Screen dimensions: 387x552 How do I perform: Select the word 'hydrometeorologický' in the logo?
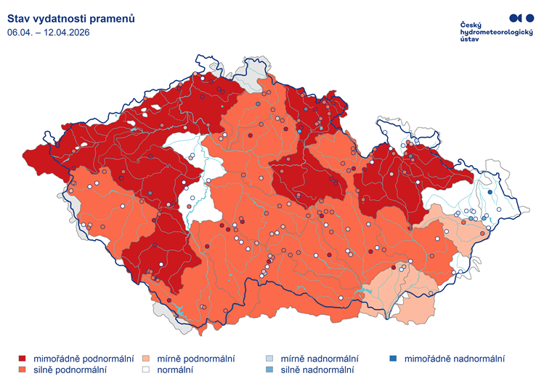pos(497,33)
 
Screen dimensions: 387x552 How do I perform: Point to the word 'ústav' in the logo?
pos(470,41)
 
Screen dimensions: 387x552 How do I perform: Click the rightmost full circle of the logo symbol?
pos(530,17)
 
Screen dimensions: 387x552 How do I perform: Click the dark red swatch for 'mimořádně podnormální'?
pos(23,359)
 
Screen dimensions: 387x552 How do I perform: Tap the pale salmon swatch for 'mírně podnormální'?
pos(146,359)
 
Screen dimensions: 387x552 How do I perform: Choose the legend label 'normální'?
pos(175,370)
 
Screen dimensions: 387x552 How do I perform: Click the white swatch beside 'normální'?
pos(146,370)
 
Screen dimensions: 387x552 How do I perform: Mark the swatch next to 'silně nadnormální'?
pos(269,370)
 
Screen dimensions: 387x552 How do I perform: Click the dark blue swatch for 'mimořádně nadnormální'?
pos(393,359)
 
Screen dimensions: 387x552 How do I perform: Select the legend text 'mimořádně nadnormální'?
pos(454,359)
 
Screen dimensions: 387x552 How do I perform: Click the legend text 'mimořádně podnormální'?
pos(84,359)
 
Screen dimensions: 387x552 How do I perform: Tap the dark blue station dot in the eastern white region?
pos(490,192)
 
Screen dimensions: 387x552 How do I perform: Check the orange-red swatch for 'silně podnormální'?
pos(23,370)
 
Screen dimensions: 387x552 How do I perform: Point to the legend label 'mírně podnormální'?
pos(195,359)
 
